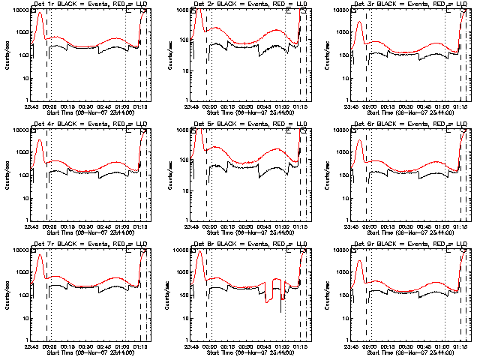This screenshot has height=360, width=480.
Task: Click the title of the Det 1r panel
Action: coord(88,4)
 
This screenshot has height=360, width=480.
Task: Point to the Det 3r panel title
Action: coord(409,4)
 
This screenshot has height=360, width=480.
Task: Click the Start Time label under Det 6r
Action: coord(409,233)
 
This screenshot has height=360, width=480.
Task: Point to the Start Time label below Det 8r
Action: coord(249,353)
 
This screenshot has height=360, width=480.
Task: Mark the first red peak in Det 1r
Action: coord(40,13)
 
